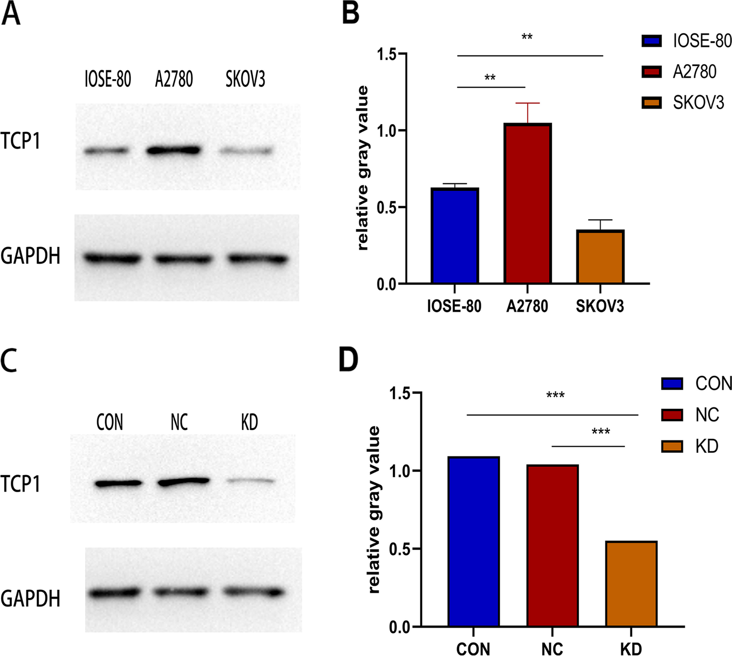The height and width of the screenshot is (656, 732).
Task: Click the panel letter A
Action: [11, 13]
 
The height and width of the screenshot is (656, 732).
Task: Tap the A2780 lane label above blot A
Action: [174, 79]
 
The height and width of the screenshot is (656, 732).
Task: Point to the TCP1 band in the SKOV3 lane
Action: [246, 151]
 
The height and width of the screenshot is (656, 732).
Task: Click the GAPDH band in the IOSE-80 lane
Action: [113, 257]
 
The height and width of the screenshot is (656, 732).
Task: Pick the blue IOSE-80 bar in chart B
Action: [454, 236]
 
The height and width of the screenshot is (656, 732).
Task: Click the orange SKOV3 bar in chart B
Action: [600, 257]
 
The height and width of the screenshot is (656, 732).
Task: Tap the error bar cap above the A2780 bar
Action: [527, 103]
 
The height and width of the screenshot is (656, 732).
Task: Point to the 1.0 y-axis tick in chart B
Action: [386, 131]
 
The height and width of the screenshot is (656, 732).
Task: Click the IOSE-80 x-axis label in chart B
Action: [454, 307]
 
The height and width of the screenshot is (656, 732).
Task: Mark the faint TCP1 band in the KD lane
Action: [250, 481]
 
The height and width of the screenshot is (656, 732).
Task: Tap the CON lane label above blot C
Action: [110, 422]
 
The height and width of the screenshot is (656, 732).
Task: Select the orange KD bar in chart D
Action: [631, 584]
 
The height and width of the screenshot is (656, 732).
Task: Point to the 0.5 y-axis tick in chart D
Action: [399, 549]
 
